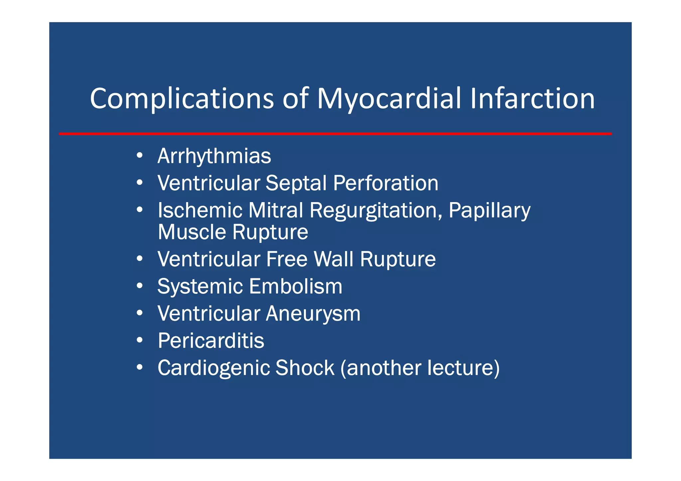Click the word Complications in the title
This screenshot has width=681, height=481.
(182, 99)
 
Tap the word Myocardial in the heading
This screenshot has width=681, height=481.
(389, 99)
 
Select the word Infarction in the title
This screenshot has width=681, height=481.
(532, 99)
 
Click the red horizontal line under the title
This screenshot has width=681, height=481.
(335, 134)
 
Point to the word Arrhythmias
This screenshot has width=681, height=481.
(214, 156)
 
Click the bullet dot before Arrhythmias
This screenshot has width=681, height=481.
(140, 155)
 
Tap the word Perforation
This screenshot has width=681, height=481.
(386, 183)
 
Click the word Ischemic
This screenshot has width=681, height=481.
(200, 210)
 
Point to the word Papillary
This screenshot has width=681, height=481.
(489, 210)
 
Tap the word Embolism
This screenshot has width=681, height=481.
(296, 286)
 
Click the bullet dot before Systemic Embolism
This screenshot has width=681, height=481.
(140, 286)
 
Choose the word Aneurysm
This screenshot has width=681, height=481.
(313, 313)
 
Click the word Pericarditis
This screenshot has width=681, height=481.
(211, 341)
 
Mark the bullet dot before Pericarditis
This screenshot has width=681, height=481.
(140, 340)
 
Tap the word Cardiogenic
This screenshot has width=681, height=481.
(213, 368)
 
